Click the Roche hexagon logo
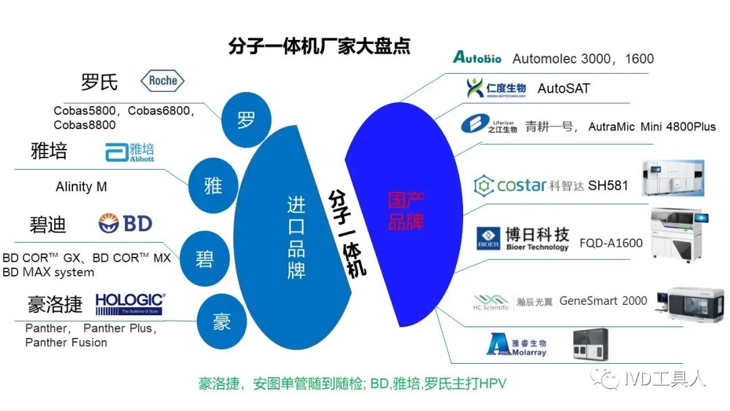coord(162,81)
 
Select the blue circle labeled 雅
coord(213,185)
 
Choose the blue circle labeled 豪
coord(222,322)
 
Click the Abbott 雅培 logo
coord(130,152)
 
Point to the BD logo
coord(125,223)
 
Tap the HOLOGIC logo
coord(130,304)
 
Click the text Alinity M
coord(81,187)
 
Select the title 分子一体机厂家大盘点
coord(320,46)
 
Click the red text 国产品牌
coord(406,210)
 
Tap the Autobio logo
coord(477,57)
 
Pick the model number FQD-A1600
coord(611,243)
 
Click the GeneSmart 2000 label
coord(603,301)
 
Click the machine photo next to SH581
coord(672,178)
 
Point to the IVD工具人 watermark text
coord(664,379)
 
